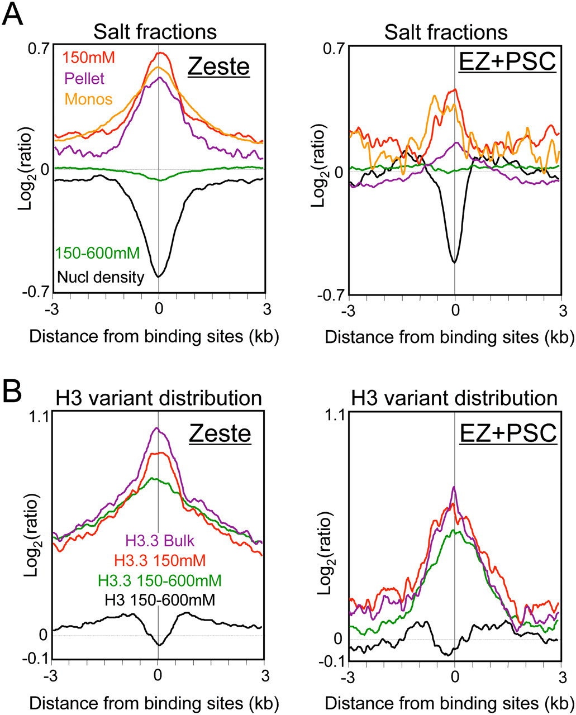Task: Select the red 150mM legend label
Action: coord(83,58)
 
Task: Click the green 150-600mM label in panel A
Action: coord(97,254)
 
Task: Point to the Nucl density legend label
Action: coord(100,275)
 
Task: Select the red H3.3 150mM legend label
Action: coord(159,560)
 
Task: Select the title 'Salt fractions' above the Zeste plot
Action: coord(155,32)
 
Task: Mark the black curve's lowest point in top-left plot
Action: coord(159,276)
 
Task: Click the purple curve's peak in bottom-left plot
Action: coord(157,428)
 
